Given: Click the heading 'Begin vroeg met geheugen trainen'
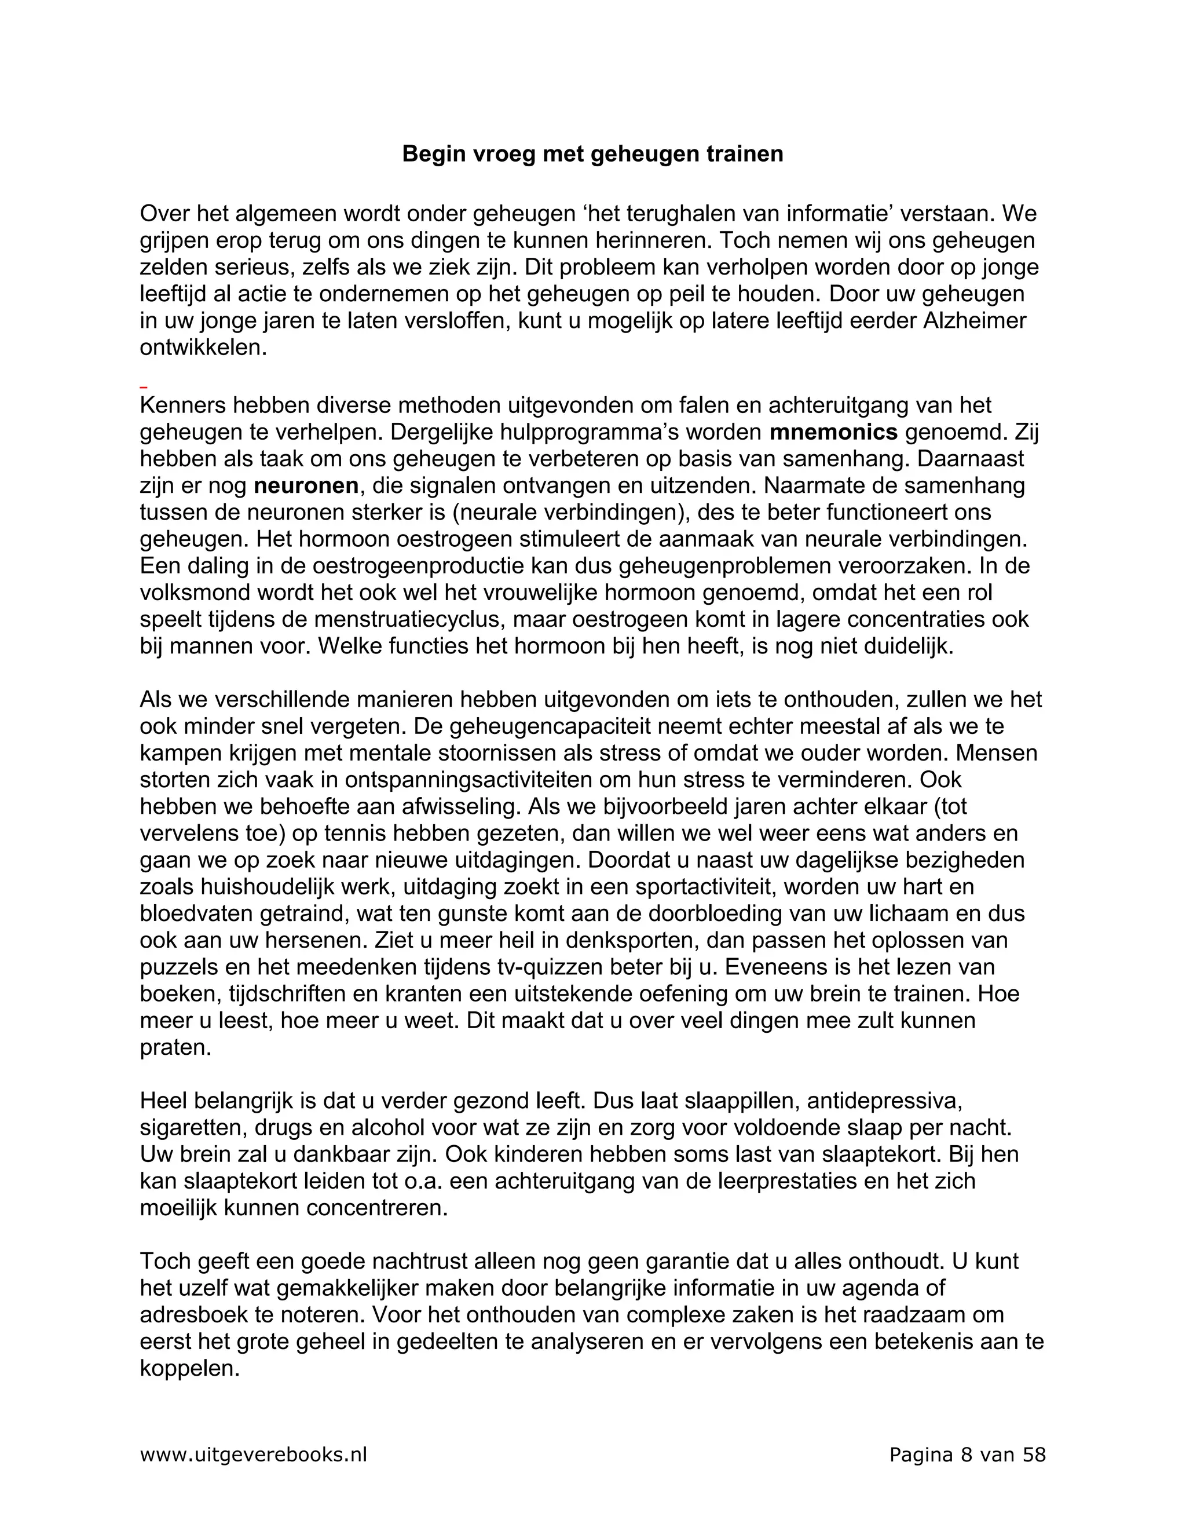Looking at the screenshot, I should click(x=592, y=154).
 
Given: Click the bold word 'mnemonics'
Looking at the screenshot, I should click(x=833, y=432).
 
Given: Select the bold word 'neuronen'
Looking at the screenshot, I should click(x=306, y=485).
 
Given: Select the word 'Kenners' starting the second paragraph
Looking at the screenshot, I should click(x=182, y=405).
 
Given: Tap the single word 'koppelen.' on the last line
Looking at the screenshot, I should click(x=190, y=1368).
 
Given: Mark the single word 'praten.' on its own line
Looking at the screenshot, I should click(x=175, y=1047).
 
